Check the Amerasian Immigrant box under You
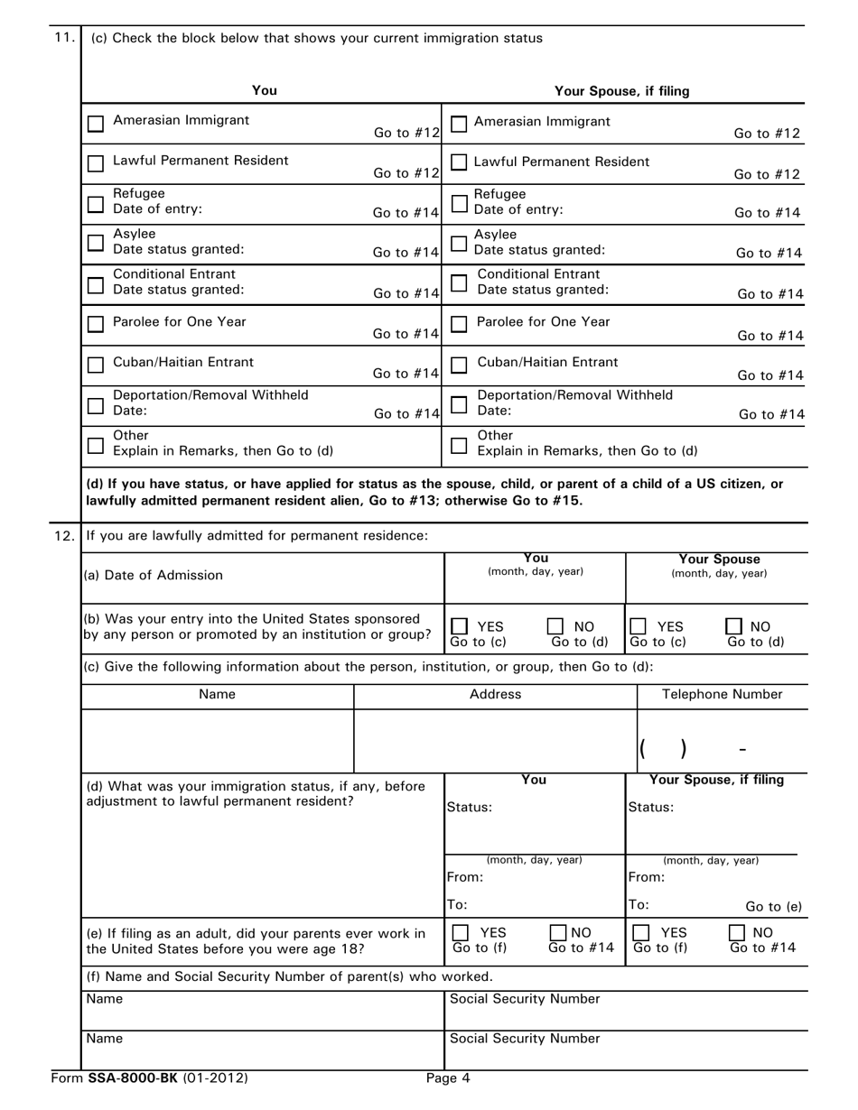(x=96, y=125)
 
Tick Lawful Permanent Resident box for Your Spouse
(x=459, y=162)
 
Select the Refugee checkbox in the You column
(x=95, y=205)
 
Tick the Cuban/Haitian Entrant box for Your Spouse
(x=459, y=365)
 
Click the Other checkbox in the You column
(x=95, y=445)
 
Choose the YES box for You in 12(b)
(x=460, y=626)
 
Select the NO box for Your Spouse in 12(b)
(x=733, y=626)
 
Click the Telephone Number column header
(x=723, y=694)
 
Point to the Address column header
(x=495, y=694)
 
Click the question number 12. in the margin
(x=64, y=535)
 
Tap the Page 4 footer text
(x=449, y=1077)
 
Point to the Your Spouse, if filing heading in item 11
(x=621, y=90)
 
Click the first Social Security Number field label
(x=525, y=999)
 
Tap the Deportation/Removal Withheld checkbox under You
(x=95, y=405)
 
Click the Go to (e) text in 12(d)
(x=773, y=907)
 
